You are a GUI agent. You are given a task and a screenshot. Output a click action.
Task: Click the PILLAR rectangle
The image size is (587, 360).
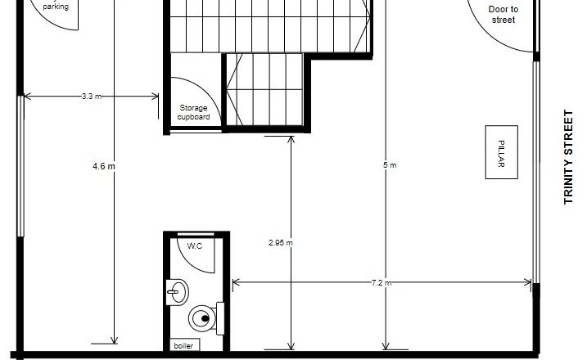click(x=501, y=152)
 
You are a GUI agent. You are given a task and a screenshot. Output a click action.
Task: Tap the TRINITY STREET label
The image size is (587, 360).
click(x=568, y=157)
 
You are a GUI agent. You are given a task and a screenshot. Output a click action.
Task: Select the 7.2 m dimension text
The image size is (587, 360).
click(x=382, y=283)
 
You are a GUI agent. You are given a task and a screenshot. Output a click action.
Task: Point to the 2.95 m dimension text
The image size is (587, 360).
click(x=280, y=242)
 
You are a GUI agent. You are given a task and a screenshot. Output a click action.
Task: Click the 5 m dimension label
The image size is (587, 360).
click(x=390, y=165)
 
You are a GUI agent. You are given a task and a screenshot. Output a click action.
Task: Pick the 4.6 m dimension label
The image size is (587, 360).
click(x=104, y=166)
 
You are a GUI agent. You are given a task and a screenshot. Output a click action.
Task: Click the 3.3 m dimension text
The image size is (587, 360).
click(x=92, y=97)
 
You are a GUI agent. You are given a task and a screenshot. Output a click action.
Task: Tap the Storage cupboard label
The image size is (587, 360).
click(x=193, y=112)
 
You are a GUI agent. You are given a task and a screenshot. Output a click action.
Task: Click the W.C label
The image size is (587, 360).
click(x=195, y=245)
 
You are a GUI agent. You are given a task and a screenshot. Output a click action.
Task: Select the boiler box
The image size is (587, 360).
click(x=185, y=345)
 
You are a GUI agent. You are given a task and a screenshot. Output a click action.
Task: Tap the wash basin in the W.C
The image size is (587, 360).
click(x=177, y=292)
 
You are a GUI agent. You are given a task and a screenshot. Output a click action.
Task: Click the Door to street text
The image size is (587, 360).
click(x=503, y=14)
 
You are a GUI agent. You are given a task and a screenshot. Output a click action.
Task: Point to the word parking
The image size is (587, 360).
click(x=56, y=7)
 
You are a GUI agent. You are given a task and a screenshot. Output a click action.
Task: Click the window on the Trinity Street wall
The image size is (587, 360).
click(x=536, y=172)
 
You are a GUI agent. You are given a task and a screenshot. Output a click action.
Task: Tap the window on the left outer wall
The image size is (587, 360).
click(x=20, y=166)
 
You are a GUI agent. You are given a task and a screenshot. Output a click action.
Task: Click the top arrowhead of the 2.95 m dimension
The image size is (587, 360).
click(x=291, y=139)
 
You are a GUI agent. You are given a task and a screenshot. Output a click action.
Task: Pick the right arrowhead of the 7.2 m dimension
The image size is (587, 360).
click(x=528, y=282)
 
